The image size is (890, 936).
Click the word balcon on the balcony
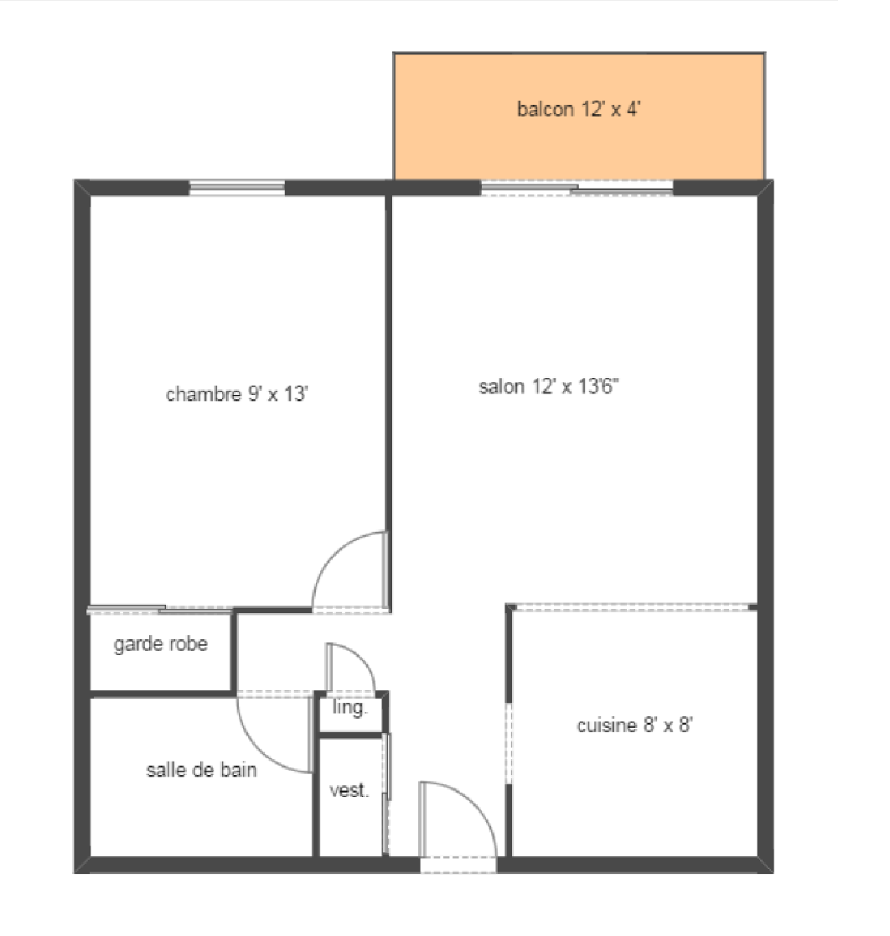[546, 109]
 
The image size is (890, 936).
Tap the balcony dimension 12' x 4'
[611, 109]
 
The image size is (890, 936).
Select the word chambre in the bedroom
[204, 394]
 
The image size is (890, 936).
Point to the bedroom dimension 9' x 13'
[278, 394]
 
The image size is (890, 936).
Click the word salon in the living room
[501, 386]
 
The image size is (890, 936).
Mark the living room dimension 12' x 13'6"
[575, 386]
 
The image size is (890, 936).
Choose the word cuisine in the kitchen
[607, 725]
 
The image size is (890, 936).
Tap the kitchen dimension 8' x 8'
[668, 725]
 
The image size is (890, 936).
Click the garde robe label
[161, 645]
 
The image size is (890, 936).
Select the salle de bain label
[202, 770]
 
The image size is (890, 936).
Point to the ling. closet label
[349, 709]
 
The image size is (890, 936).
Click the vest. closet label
[349, 790]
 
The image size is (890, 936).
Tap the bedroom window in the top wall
[237, 187]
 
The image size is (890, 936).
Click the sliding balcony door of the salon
[577, 187]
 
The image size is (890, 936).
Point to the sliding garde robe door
[160, 610]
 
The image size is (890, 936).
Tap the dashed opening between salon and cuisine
[633, 607]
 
